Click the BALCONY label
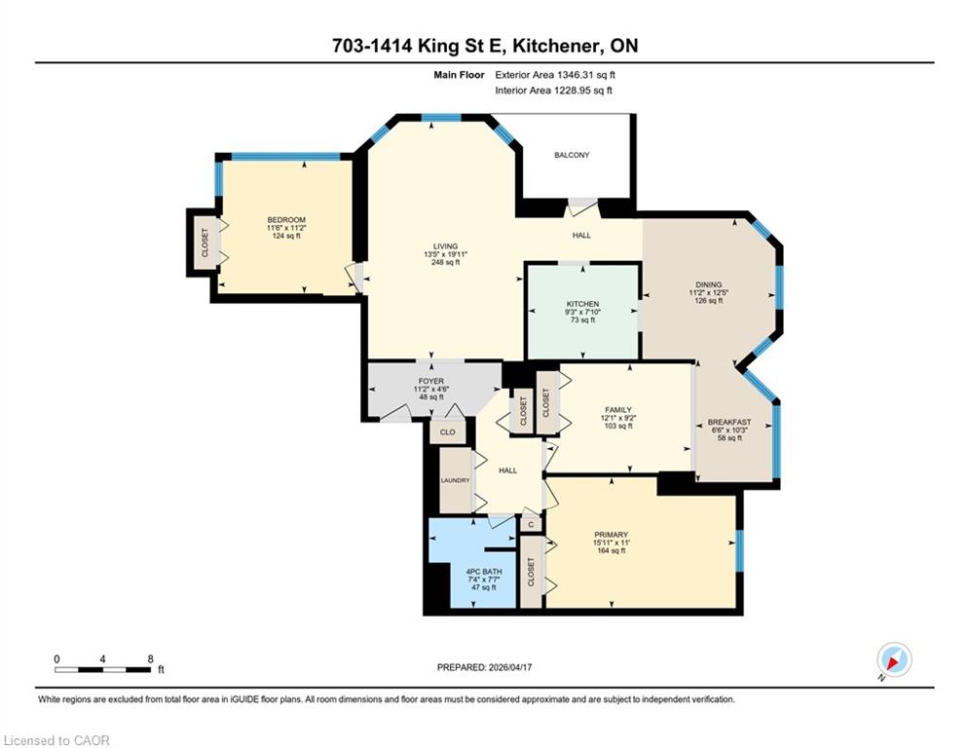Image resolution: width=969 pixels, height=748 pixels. click(x=572, y=155)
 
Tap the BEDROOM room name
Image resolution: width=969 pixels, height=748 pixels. click(x=286, y=220)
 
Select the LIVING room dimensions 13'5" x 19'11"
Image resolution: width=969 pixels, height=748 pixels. click(x=446, y=254)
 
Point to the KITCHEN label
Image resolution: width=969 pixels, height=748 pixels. click(x=582, y=304)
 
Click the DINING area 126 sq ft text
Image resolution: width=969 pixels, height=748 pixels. click(x=709, y=300)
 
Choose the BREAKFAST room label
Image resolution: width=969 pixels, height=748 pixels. click(x=729, y=423)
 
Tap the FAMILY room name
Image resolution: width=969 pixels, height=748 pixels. click(x=618, y=410)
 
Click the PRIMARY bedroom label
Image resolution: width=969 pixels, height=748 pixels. click(x=612, y=535)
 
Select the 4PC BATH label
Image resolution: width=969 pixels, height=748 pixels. click(x=484, y=572)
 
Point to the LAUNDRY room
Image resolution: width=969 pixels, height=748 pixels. click(x=456, y=480)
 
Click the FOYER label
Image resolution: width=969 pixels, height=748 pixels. click(x=431, y=382)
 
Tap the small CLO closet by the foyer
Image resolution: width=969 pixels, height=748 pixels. click(x=447, y=432)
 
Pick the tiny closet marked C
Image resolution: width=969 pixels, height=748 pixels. click(x=531, y=525)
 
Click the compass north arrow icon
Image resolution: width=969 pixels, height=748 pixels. click(x=894, y=659)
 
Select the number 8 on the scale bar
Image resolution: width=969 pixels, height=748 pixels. click(x=150, y=659)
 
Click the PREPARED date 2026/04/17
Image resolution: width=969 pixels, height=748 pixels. click(x=510, y=667)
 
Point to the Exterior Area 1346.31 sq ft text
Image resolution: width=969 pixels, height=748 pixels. click(x=555, y=75)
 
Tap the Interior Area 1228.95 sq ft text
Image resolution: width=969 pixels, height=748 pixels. click(x=554, y=91)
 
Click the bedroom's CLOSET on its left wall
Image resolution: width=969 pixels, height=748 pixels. click(x=205, y=243)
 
